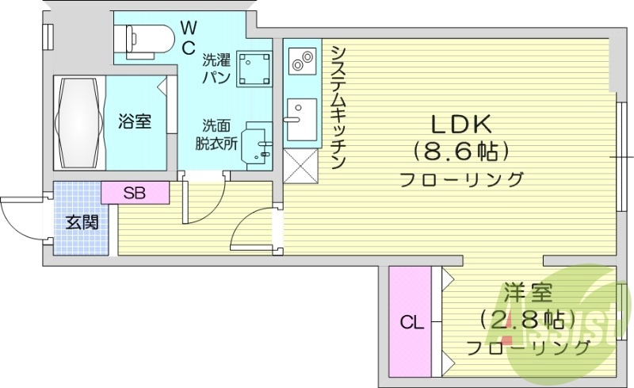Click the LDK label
pyautogui.click(x=461, y=124)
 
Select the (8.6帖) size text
pyautogui.click(x=461, y=150)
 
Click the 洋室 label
pyautogui.click(x=525, y=295)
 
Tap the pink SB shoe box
pyautogui.click(x=135, y=191)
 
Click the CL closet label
pyautogui.click(x=411, y=323)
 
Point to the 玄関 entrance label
pyautogui.click(x=82, y=222)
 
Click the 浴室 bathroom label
pyautogui.click(x=135, y=121)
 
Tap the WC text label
pyautogui.click(x=188, y=37)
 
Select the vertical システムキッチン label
pyautogui.click(x=338, y=107)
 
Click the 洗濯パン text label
pyautogui.click(x=216, y=67)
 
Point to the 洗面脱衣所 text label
pyautogui.click(x=216, y=134)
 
